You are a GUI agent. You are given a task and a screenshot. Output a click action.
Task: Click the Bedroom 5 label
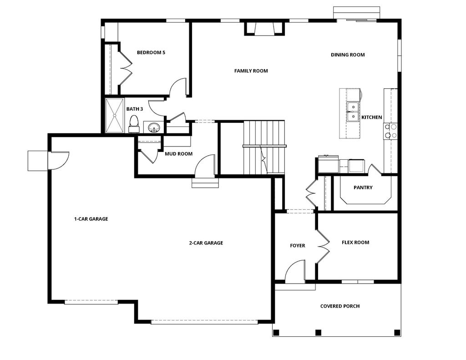[x=151, y=52]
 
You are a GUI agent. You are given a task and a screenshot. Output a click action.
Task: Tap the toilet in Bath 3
[x=134, y=123]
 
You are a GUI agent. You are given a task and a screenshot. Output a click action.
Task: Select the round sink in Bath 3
[x=154, y=127]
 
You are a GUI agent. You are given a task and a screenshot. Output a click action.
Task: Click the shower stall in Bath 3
[x=115, y=115]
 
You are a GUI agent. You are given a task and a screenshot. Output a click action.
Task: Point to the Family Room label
[x=251, y=71]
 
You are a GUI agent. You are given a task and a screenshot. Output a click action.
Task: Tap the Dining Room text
[x=348, y=55]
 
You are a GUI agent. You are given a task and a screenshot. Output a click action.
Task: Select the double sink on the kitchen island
[x=353, y=112]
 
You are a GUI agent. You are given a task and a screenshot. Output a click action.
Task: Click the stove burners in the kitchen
[x=390, y=131]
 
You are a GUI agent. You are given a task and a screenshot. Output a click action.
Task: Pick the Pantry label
[x=363, y=188]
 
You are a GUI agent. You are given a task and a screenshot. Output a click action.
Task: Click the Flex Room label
[x=355, y=243]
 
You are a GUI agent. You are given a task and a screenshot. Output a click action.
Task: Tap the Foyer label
[x=298, y=246]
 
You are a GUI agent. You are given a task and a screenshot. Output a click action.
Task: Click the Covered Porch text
[x=340, y=306]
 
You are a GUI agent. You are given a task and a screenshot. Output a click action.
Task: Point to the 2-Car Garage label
[x=206, y=243]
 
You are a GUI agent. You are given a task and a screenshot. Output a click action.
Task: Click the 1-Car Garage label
[x=91, y=219]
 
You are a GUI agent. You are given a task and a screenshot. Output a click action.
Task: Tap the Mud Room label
[x=178, y=154]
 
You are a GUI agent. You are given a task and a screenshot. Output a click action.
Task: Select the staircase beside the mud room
[x=263, y=147]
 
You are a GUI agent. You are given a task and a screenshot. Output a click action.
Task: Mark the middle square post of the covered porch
[x=318, y=332]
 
